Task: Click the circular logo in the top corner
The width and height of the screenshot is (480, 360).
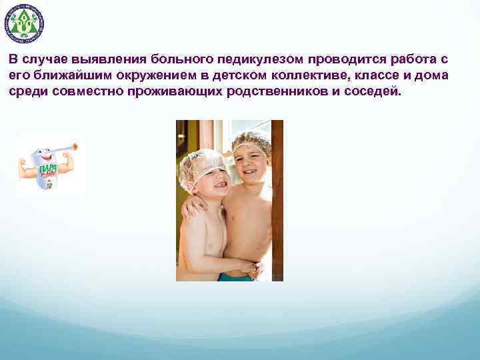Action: [x=24, y=23]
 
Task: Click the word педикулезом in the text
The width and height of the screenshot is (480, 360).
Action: [x=256, y=59]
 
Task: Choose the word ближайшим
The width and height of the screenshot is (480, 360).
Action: [x=61, y=75]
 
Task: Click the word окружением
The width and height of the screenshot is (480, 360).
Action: [x=140, y=75]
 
